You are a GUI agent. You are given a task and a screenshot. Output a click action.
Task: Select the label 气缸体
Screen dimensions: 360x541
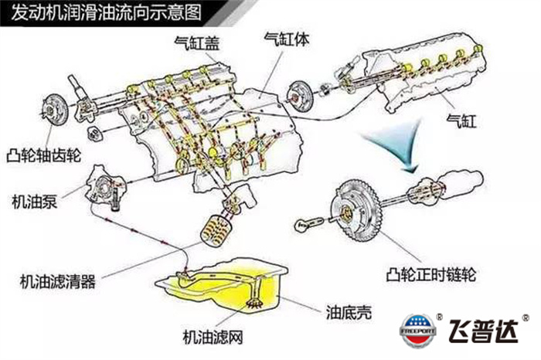(284, 38)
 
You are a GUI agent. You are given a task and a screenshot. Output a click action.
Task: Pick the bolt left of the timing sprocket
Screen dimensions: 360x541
(306, 225)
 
